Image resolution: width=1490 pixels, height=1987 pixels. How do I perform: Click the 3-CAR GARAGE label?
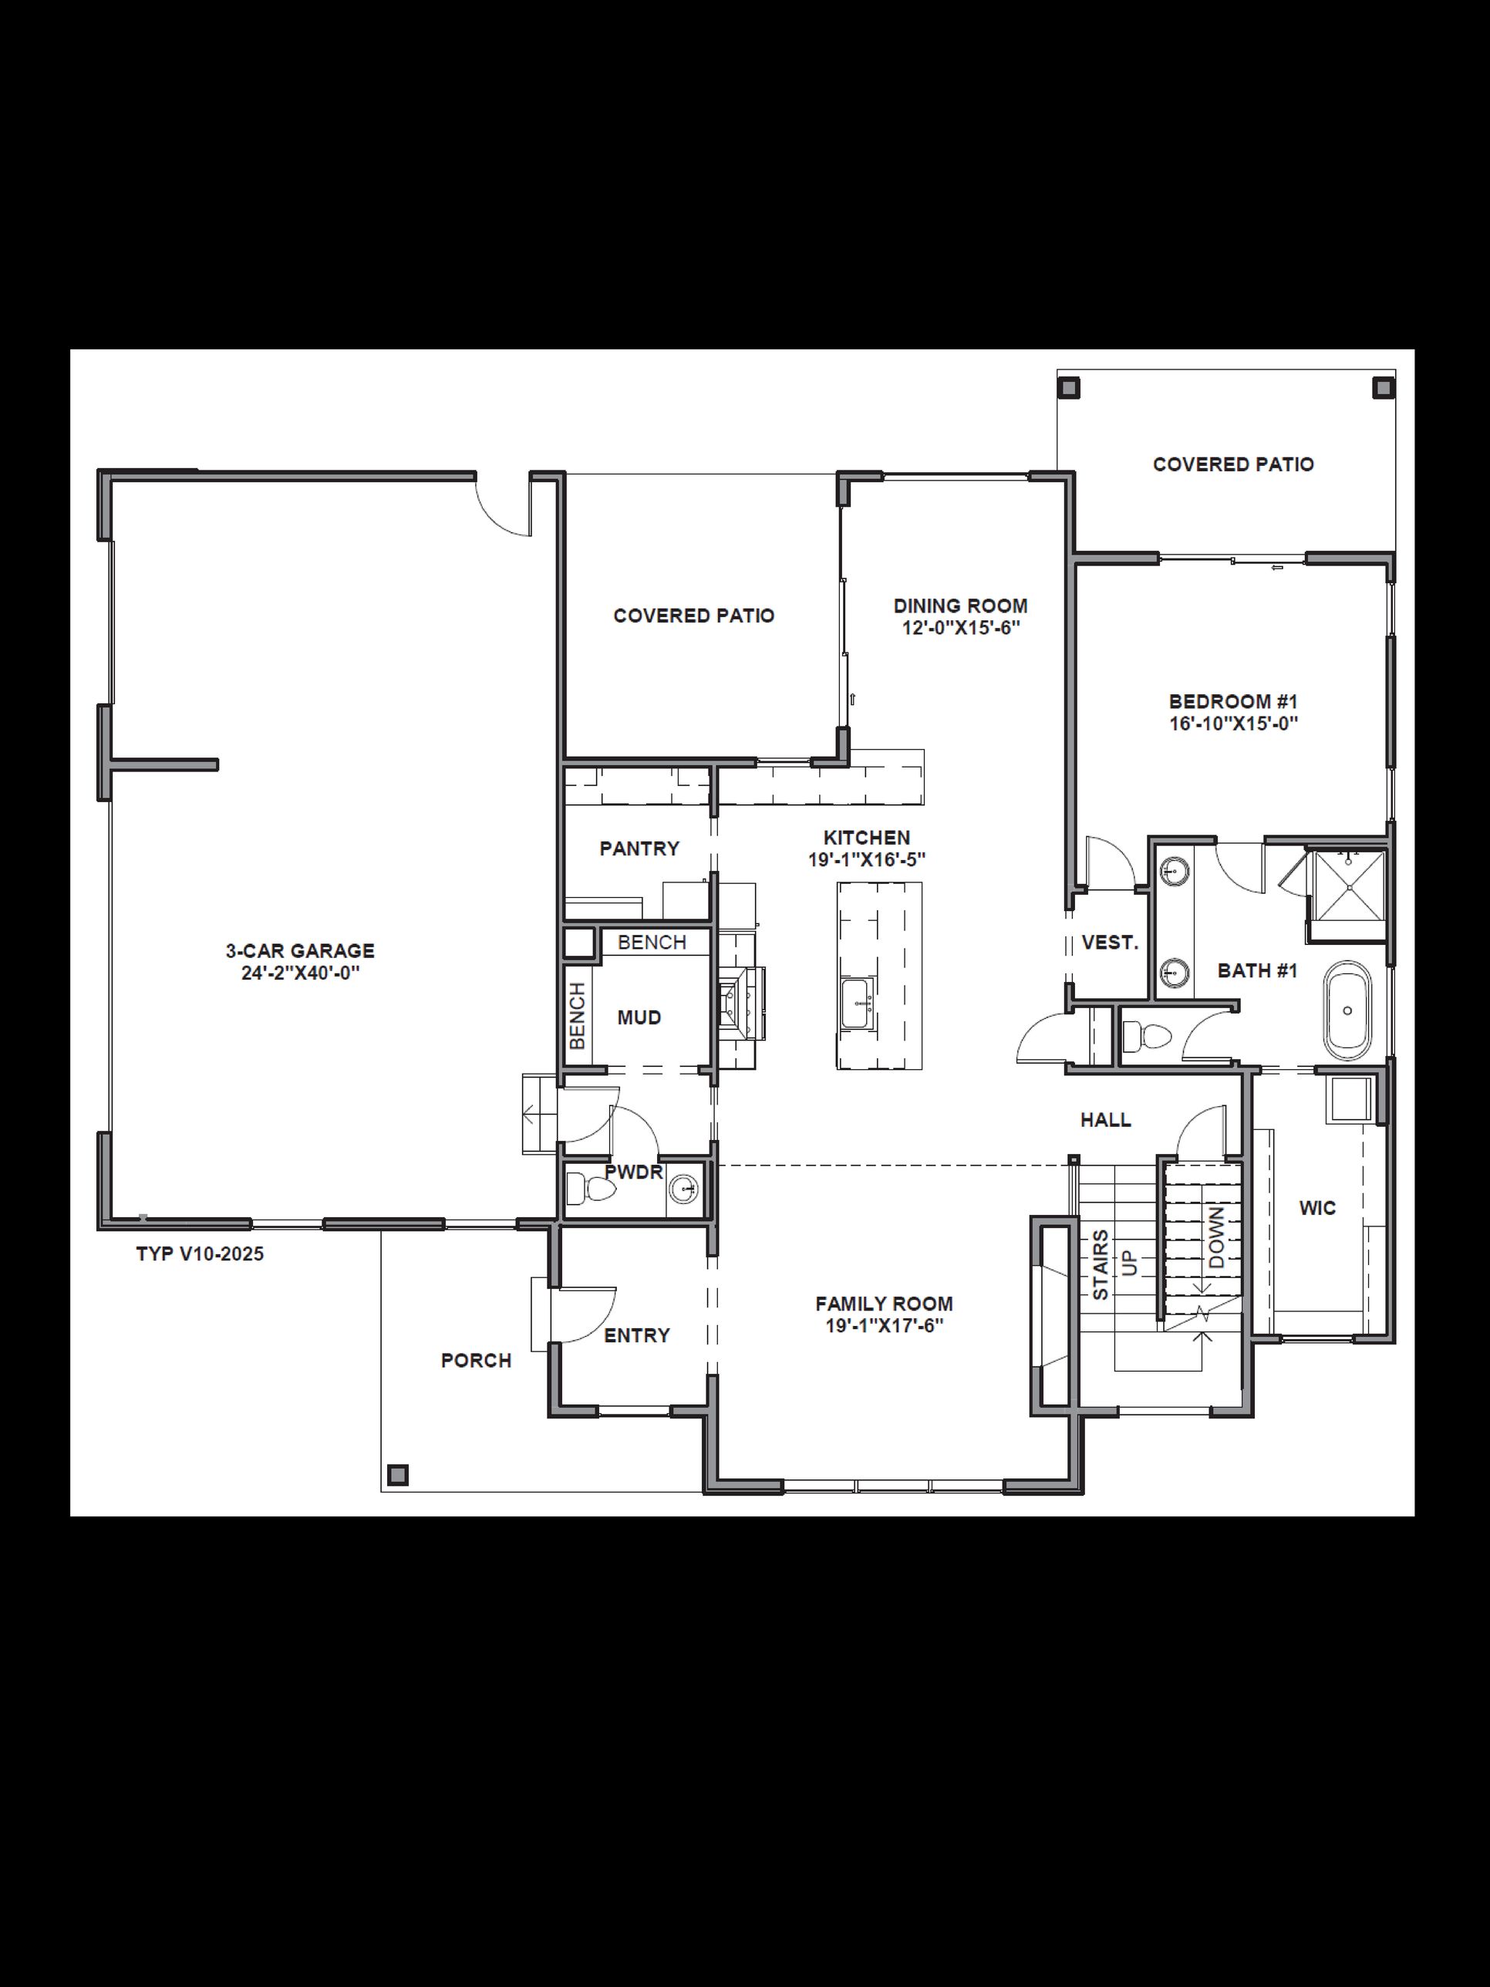[300, 950]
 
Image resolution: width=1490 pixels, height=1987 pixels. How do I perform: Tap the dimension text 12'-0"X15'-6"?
[960, 628]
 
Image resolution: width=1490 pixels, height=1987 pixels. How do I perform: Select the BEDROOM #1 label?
[1233, 702]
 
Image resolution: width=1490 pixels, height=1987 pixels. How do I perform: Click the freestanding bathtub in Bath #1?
[1347, 1010]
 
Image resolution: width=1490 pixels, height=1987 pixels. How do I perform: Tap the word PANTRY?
[639, 848]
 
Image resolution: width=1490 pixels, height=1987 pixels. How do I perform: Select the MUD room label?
[639, 1017]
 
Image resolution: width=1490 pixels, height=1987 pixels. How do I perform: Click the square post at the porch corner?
[397, 1474]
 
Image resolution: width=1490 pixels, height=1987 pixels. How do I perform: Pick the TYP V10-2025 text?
[201, 1254]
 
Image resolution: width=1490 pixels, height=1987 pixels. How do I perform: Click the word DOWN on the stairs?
[1216, 1238]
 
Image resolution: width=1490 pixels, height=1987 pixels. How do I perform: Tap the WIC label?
[1317, 1208]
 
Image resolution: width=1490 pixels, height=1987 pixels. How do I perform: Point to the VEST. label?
[1110, 943]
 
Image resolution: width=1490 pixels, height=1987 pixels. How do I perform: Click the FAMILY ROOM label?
[884, 1304]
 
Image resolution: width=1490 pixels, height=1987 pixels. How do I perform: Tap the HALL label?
[1106, 1120]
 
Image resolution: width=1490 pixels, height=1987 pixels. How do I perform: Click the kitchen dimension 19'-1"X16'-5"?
[867, 859]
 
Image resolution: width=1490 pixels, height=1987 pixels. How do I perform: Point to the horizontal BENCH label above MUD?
[652, 943]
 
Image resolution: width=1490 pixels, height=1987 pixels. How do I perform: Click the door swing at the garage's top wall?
[503, 512]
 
